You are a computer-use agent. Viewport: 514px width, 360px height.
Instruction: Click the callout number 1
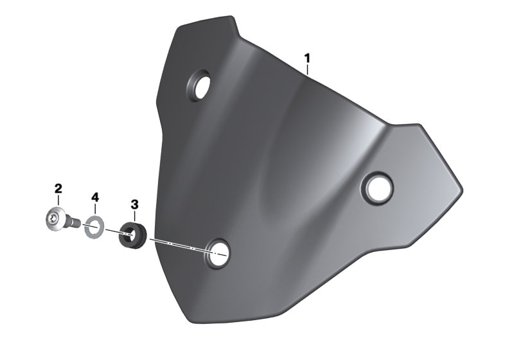tap(307, 59)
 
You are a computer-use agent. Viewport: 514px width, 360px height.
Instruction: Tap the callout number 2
tap(58, 188)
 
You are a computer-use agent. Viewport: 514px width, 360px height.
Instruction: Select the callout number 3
tap(134, 204)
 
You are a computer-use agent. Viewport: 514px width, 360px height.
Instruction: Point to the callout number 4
tap(95, 196)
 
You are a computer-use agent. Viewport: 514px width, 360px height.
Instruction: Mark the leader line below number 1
tap(308, 70)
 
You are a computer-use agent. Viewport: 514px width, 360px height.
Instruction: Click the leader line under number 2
tap(59, 201)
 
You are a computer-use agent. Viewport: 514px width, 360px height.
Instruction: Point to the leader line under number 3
tap(134, 215)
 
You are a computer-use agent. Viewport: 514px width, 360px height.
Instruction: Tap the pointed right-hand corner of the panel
tap(459, 190)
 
